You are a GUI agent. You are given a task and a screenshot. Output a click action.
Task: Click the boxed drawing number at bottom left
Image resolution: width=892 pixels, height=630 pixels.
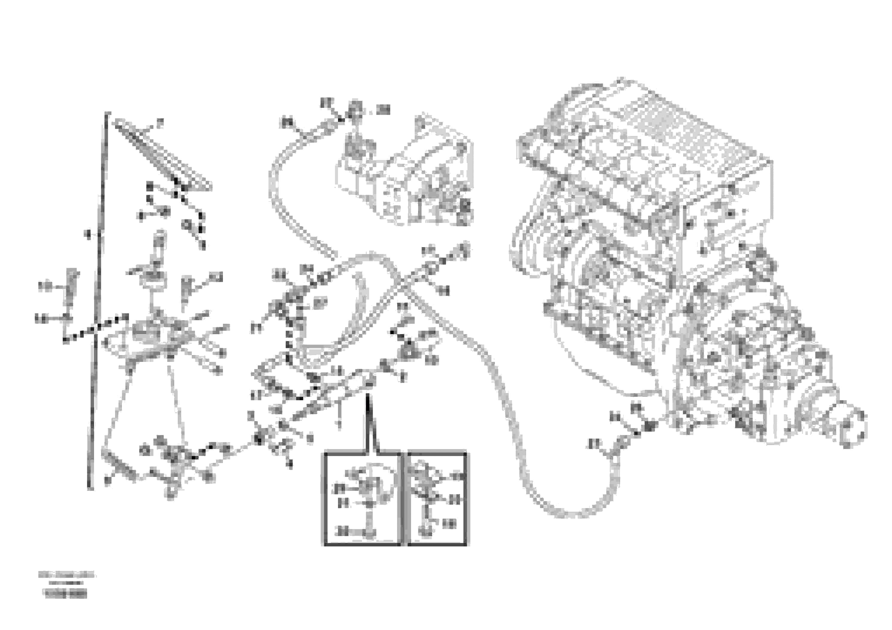coord(66,594)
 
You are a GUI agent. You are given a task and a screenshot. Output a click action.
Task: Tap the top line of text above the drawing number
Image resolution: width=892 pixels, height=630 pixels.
coord(67,575)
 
